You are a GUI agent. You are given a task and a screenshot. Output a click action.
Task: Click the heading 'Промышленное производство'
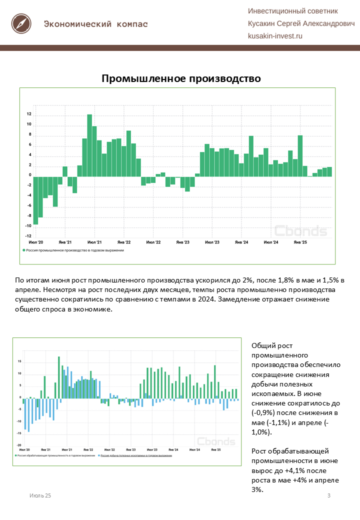click(x=181, y=78)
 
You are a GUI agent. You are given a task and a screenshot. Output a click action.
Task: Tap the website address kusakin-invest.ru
click(x=275, y=36)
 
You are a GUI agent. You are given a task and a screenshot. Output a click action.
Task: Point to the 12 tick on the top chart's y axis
click(x=29, y=114)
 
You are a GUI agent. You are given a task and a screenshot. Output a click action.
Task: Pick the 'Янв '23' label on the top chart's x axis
click(x=183, y=242)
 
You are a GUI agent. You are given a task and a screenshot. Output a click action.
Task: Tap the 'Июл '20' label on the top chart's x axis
click(x=35, y=242)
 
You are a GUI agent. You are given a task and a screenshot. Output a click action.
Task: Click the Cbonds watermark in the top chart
click(x=300, y=231)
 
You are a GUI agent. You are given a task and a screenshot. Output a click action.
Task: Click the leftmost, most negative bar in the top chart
click(x=35, y=200)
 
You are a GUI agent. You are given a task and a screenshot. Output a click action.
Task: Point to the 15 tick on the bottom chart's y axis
click(x=19, y=361)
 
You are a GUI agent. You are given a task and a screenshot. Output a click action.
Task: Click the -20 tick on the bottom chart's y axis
click(x=19, y=445)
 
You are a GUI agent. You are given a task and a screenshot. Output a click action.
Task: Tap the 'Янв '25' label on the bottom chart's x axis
click(x=216, y=450)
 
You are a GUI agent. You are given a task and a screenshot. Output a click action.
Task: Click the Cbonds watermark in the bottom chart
click(x=215, y=441)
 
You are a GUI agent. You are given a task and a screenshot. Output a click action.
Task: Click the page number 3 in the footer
click(x=328, y=495)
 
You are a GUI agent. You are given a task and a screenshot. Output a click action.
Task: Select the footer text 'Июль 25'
click(x=40, y=495)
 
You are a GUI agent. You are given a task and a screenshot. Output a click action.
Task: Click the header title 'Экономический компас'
click(x=95, y=24)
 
